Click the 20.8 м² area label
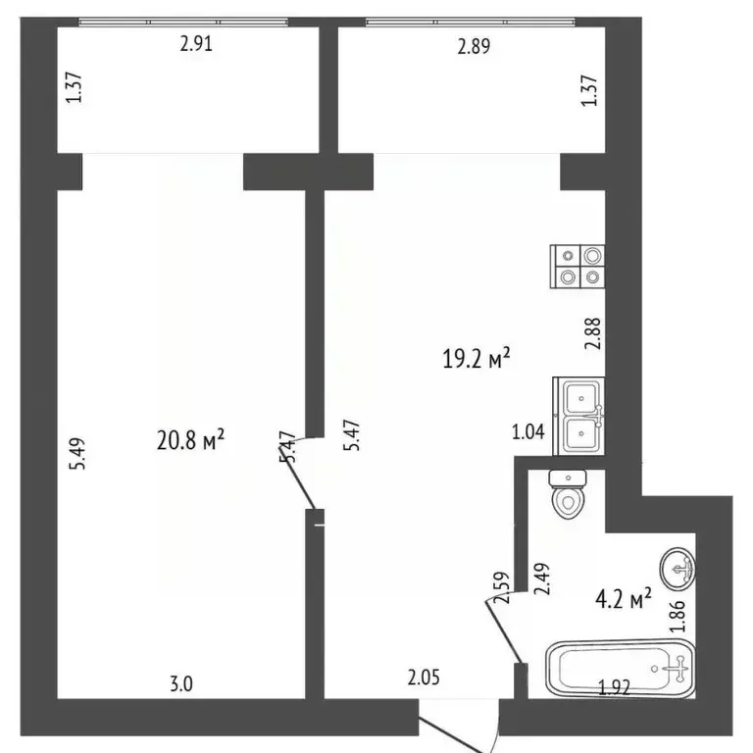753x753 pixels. [192, 442]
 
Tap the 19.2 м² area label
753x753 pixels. [477, 360]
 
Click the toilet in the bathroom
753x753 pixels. [569, 495]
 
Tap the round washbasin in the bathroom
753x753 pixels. [678, 566]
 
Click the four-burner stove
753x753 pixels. [578, 266]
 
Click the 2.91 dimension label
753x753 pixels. [196, 43]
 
